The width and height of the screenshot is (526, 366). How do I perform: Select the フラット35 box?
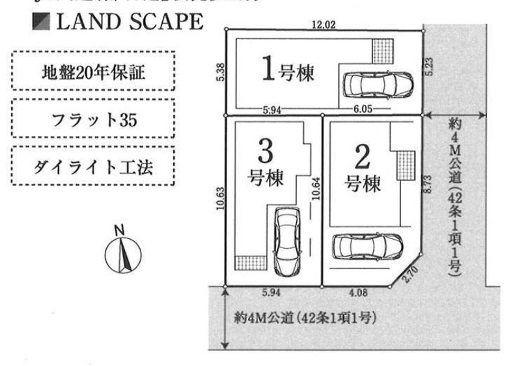tap(93, 120)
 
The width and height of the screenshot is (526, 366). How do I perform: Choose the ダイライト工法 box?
tap(93, 167)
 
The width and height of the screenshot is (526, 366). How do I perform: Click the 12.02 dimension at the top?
tap(322, 25)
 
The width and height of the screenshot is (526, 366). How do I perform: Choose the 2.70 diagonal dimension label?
tap(411, 272)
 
